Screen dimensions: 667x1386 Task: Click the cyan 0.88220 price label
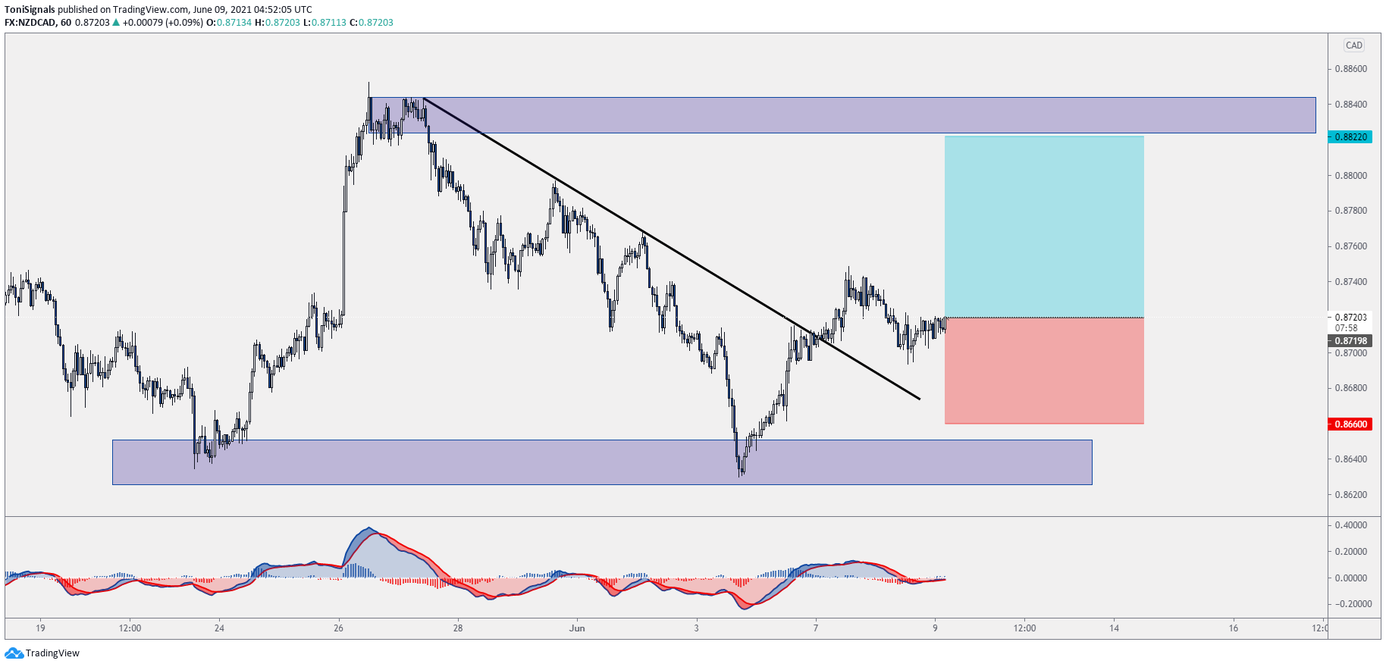1350,137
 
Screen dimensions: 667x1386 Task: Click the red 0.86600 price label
1350,424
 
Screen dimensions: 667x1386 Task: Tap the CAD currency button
1353,45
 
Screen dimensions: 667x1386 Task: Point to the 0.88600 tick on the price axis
1350,69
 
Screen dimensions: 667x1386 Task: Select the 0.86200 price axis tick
1350,495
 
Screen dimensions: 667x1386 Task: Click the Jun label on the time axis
577,628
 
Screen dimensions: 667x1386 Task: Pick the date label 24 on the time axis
219,628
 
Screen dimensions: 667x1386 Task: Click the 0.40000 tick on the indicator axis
1350,525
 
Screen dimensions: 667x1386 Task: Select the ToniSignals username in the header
30,10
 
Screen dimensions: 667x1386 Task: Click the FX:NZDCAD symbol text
30,23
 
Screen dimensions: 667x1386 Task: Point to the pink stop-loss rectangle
1043,371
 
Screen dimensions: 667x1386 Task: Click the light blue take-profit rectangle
1043,227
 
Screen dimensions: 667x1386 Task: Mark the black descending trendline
671,249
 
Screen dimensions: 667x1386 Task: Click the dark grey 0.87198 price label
1350,341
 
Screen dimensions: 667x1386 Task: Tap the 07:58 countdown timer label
1346,328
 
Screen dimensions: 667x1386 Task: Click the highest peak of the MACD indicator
369,528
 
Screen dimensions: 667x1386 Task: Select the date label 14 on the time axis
1114,628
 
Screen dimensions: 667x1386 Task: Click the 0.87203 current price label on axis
1350,318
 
